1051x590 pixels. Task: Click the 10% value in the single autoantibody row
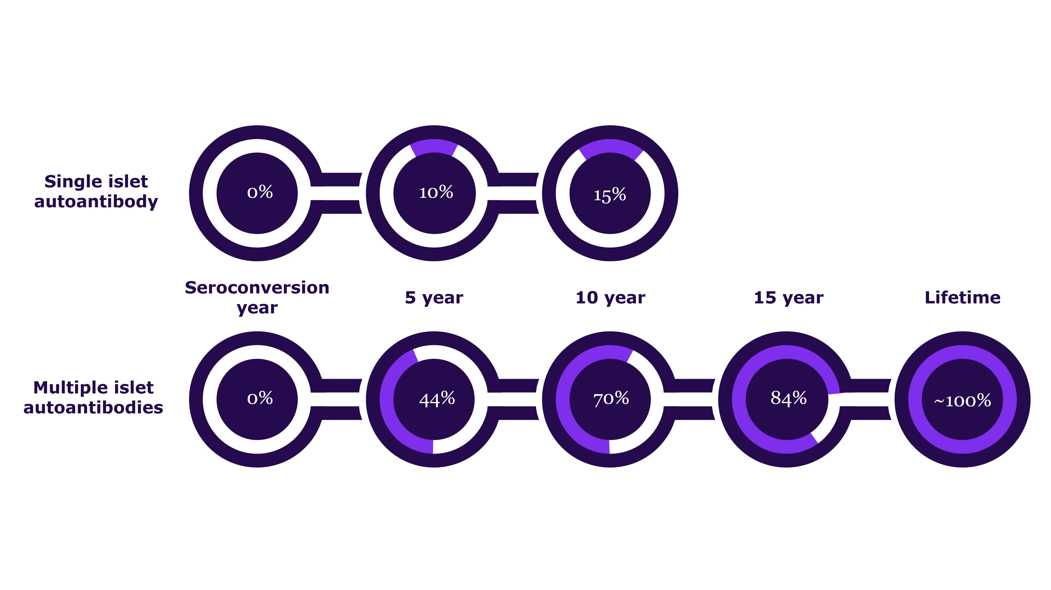pos(436,192)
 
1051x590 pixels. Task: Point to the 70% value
pos(611,398)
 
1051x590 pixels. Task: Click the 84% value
pos(788,398)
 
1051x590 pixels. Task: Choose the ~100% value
pos(962,401)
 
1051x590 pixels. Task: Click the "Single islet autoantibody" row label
pos(96,191)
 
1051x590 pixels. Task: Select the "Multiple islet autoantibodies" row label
pos(93,397)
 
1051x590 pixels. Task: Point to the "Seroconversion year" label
pos(257,298)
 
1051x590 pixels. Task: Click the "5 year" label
pos(434,298)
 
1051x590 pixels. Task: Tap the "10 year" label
pos(610,298)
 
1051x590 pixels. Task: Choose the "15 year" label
pos(789,298)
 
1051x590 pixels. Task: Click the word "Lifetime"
pos(962,298)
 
